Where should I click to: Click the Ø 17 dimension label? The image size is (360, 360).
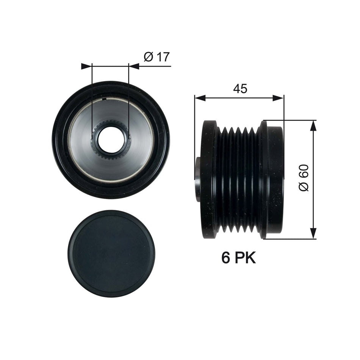pyautogui.click(x=156, y=57)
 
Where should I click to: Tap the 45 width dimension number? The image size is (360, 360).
pyautogui.click(x=240, y=89)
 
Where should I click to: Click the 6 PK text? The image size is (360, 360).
pyautogui.click(x=239, y=258)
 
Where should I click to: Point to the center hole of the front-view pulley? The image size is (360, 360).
pyautogui.click(x=110, y=139)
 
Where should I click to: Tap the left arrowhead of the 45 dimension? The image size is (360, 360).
pyautogui.click(x=199, y=98)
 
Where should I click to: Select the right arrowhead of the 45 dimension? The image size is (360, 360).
pyautogui.click(x=279, y=98)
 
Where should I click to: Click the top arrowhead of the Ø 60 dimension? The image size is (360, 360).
pyautogui.click(x=313, y=126)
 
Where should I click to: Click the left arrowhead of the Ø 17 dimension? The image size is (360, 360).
pyautogui.click(x=87, y=66)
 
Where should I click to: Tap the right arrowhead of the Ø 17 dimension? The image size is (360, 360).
pyautogui.click(x=133, y=66)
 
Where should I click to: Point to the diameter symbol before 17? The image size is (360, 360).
pyautogui.click(x=148, y=57)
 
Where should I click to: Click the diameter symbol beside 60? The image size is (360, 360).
pyautogui.click(x=304, y=186)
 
